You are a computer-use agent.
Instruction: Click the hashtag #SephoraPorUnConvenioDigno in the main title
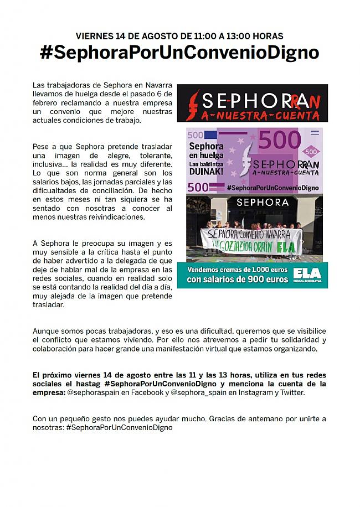(179, 53)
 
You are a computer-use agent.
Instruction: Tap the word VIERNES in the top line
(95, 36)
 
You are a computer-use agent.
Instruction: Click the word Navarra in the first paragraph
(157, 85)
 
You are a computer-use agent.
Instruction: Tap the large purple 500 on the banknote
(279, 141)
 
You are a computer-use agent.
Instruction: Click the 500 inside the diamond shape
(312, 151)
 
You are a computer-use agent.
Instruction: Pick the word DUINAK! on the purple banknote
(207, 172)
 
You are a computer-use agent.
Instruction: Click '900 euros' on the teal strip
(269, 280)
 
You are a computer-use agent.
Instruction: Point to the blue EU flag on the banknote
(210, 134)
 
